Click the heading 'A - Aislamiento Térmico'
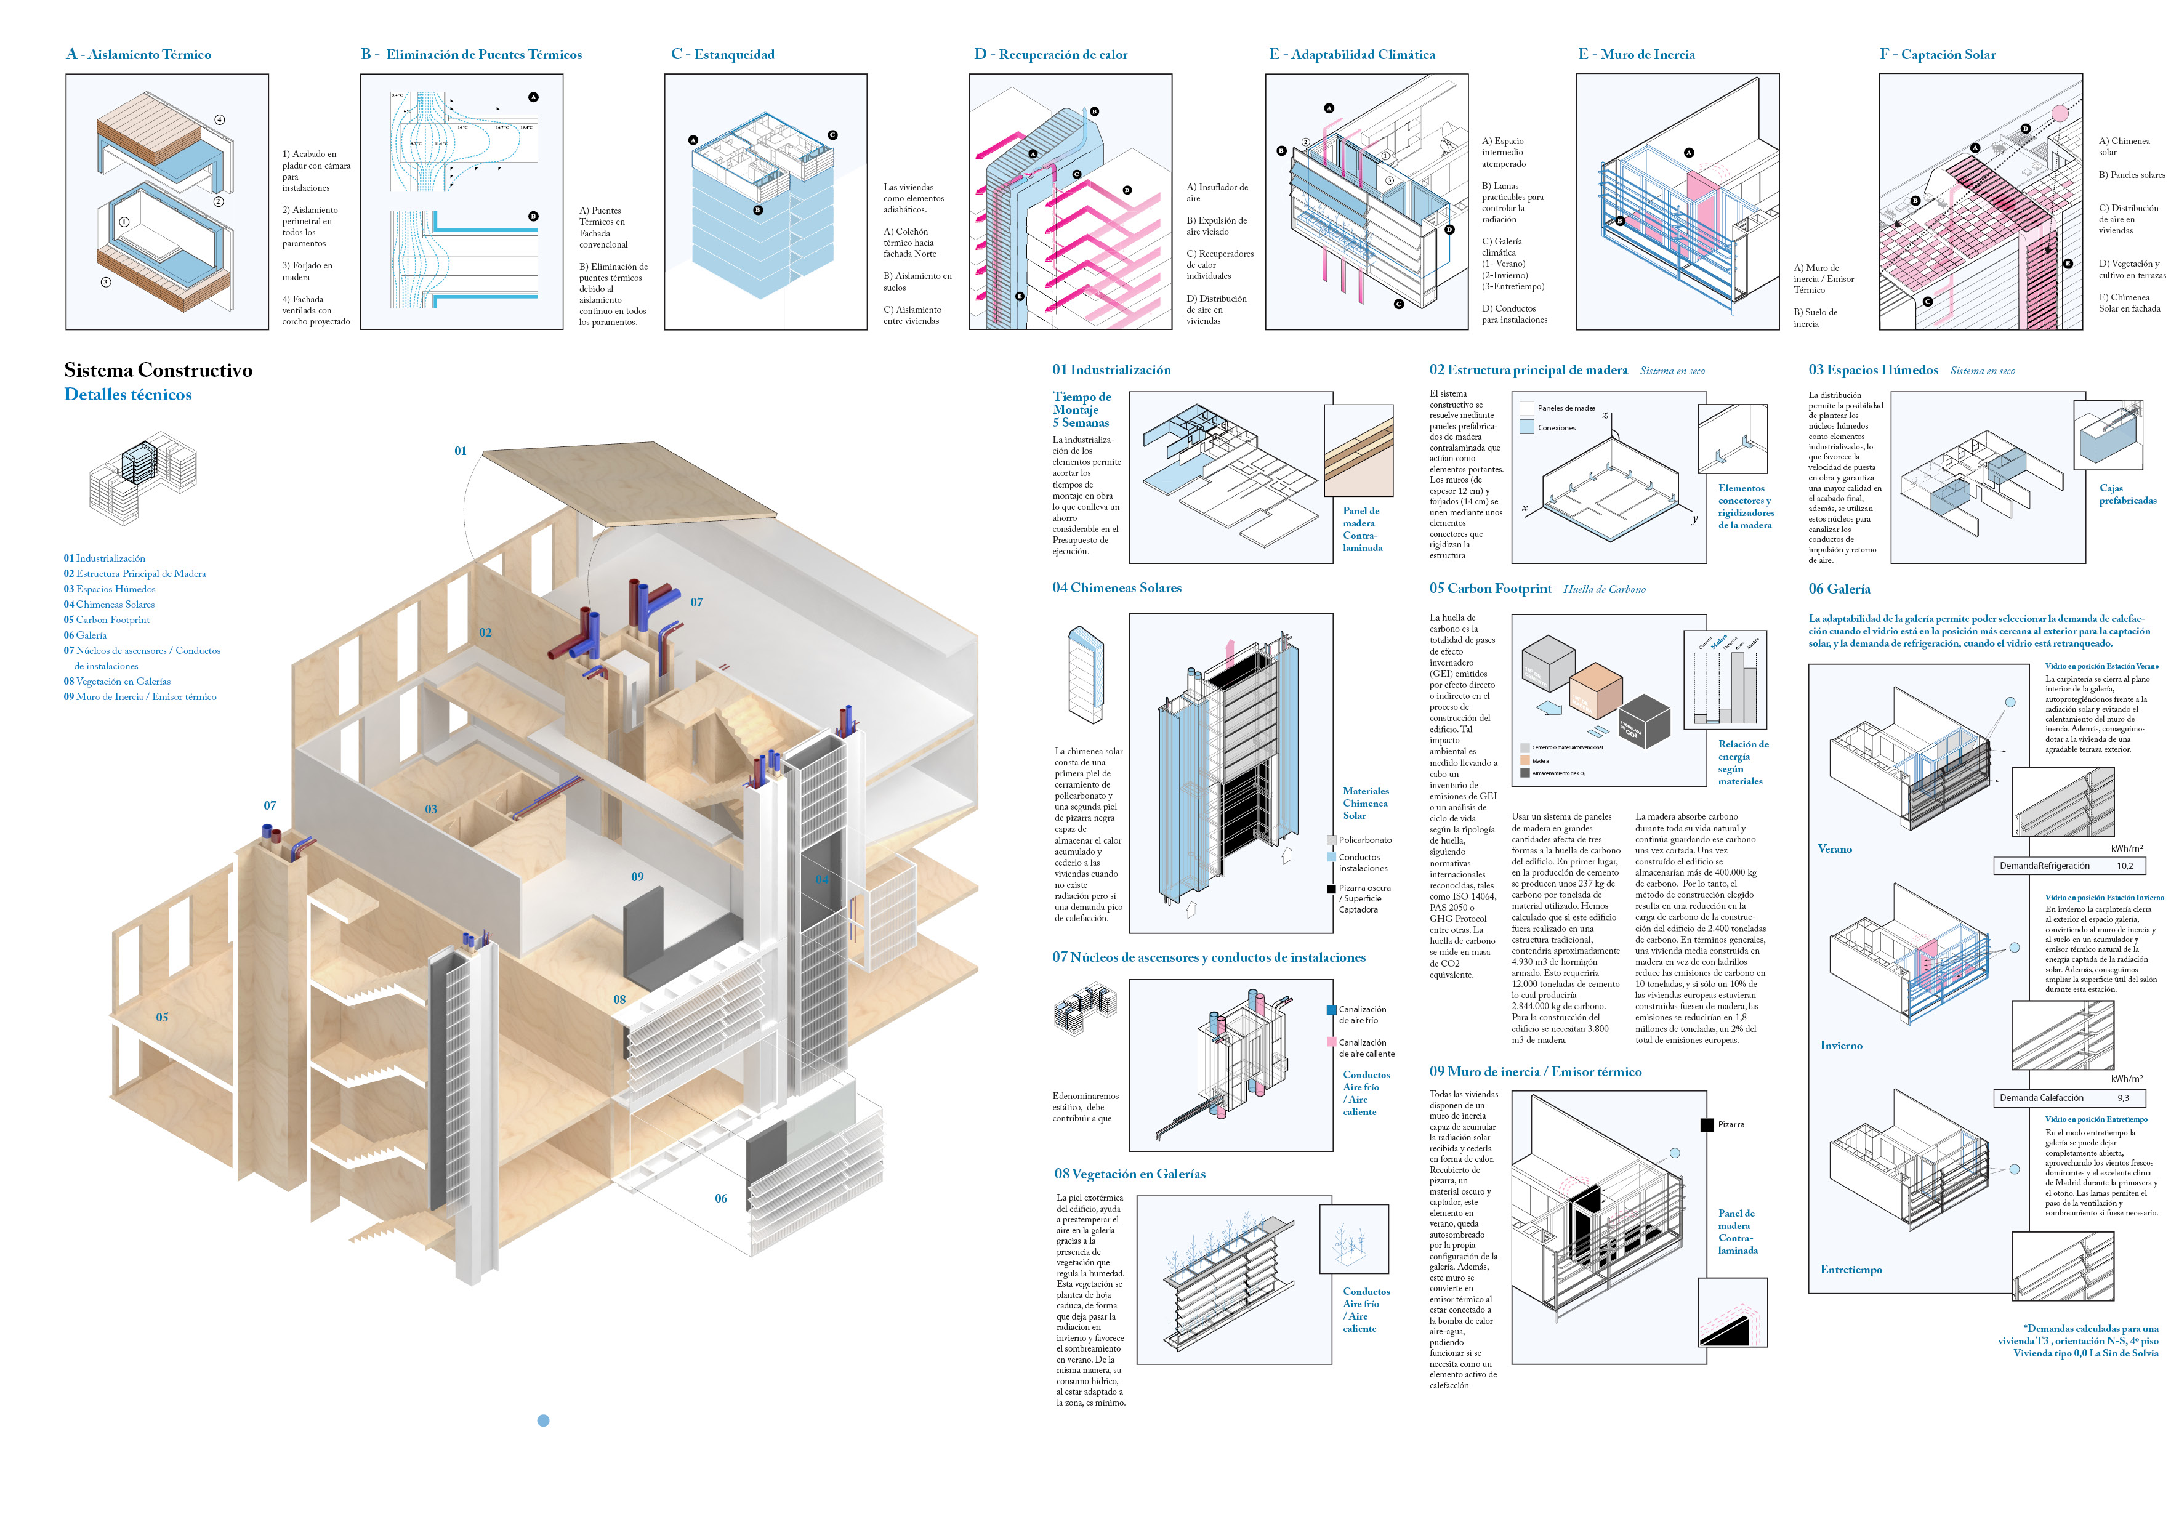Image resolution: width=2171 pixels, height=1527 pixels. tap(139, 55)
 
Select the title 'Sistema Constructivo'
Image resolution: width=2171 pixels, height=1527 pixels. tap(158, 369)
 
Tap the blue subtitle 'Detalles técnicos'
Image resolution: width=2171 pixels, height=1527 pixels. tap(127, 394)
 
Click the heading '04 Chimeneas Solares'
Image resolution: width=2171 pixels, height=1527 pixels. tap(1117, 587)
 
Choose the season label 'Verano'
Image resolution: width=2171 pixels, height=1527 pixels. tap(1834, 849)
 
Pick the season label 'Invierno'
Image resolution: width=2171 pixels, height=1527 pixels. tap(1841, 1045)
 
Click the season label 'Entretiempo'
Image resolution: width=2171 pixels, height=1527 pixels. tap(1850, 1269)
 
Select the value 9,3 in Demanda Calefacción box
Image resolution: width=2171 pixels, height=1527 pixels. tap(2123, 1098)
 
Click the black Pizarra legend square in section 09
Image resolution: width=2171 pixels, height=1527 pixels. tap(1707, 1124)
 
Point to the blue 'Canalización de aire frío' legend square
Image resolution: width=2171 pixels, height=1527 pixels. tap(1331, 1010)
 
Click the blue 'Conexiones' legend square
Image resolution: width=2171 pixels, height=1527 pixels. tap(1526, 427)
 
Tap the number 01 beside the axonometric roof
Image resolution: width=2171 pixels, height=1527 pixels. tap(461, 451)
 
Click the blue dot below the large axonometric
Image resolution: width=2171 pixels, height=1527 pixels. tap(543, 1420)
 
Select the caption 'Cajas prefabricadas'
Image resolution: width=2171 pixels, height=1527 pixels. tap(2127, 494)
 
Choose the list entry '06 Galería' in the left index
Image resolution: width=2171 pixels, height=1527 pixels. tap(85, 635)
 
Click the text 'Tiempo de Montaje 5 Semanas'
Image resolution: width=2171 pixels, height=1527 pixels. tap(1082, 409)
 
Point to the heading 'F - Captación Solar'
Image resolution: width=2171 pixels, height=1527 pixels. tap(1938, 55)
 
